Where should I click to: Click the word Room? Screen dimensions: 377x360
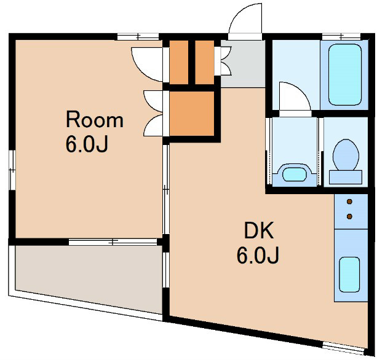coord(95,119)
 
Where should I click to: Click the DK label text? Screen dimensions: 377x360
coord(259,230)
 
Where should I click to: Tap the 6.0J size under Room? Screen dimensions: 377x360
coord(87,144)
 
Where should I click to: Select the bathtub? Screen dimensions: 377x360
coord(345,75)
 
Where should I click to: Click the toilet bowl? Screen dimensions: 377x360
coord(346,155)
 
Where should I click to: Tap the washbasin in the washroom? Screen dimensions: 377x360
coord(295,174)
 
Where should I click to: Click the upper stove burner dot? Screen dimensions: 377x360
coord(349,202)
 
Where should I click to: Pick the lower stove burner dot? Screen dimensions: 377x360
coord(349,216)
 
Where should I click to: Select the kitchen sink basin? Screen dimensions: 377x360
coord(349,275)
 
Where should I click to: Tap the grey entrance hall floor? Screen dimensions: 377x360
coord(243,64)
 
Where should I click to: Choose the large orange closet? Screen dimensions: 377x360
coord(192,114)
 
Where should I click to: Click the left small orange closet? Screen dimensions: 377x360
coord(179,63)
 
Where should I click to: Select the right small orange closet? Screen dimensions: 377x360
coord(205,63)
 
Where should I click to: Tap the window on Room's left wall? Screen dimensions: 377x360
coord(12,170)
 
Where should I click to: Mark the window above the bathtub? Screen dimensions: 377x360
coord(341,37)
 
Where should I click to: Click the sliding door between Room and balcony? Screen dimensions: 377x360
coord(113,242)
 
